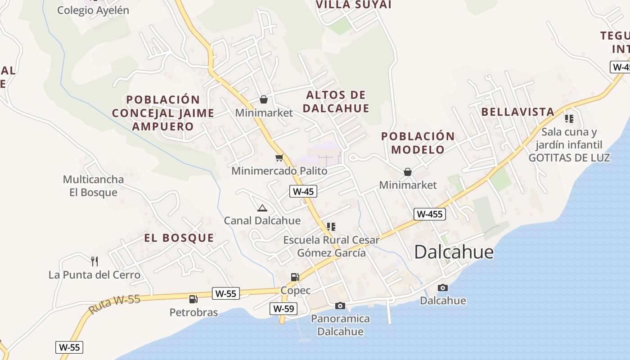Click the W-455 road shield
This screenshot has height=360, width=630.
(430, 214)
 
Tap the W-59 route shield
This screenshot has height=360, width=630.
(283, 309)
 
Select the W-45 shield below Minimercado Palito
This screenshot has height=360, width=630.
(303, 191)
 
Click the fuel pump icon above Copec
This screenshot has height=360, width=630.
(295, 277)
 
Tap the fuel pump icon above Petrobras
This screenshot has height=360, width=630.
(193, 299)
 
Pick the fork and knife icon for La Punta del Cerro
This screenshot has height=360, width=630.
(94, 261)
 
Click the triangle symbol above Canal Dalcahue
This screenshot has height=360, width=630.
(262, 208)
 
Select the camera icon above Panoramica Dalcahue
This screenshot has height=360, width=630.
(340, 306)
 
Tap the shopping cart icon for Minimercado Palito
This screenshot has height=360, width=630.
(279, 157)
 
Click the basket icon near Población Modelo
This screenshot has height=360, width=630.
(408, 171)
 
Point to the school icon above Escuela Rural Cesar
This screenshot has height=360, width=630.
(331, 226)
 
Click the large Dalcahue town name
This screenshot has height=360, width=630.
(454, 252)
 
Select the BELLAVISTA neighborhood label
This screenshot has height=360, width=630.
(517, 112)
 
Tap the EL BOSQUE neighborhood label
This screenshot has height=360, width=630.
(179, 238)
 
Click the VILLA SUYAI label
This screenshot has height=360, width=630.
(354, 5)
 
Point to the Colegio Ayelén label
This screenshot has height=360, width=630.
(93, 10)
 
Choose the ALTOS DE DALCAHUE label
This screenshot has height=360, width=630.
(336, 101)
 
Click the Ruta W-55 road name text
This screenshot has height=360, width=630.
(114, 305)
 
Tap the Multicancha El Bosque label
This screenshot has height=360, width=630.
(93, 186)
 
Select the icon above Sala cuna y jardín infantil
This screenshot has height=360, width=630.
(569, 119)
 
